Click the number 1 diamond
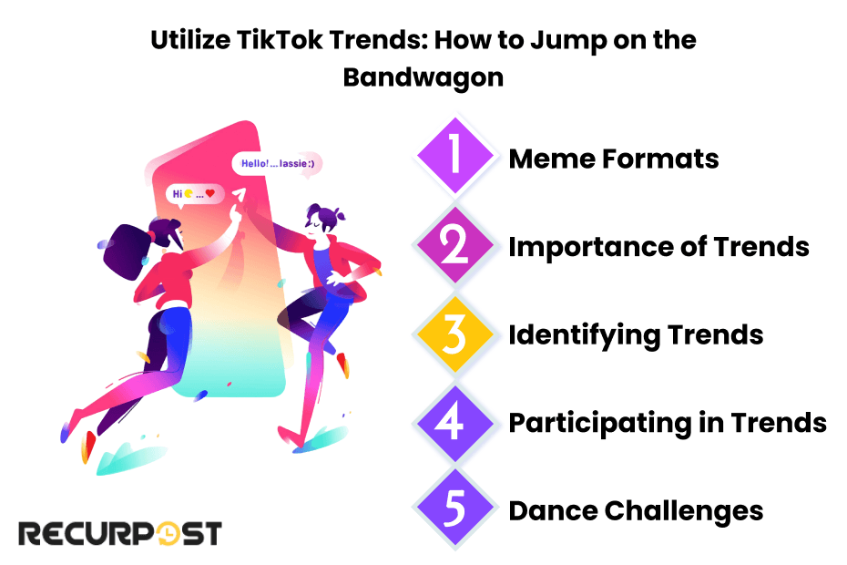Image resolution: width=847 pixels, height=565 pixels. pyautogui.click(x=455, y=159)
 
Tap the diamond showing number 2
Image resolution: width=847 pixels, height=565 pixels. pyautogui.click(x=455, y=247)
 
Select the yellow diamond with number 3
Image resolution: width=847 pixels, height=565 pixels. pyautogui.click(x=455, y=335)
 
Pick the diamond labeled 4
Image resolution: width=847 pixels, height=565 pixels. pyautogui.click(x=455, y=423)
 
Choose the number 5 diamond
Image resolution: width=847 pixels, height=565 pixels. pyautogui.click(x=455, y=510)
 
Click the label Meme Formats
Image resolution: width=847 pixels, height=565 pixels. pyautogui.click(x=614, y=159)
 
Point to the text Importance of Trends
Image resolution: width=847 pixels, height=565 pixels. pyautogui.click(x=658, y=247)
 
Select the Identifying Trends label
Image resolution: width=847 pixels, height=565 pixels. pyautogui.click(x=636, y=335)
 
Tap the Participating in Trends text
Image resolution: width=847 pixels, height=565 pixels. pyautogui.click(x=668, y=423)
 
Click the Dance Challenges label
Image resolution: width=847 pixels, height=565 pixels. pyautogui.click(x=636, y=510)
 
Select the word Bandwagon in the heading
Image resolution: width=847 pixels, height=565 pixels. pyautogui.click(x=423, y=77)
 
